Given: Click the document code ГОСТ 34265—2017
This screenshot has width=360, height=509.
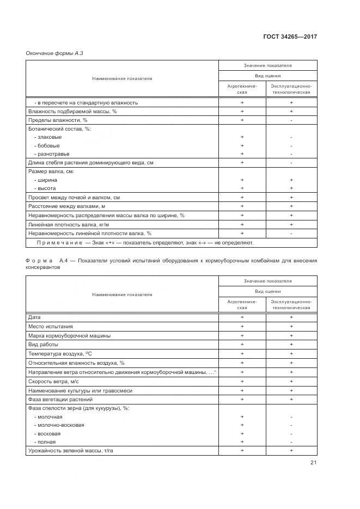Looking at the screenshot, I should click(x=290, y=37).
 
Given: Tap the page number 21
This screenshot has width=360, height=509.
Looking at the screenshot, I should click(x=313, y=463).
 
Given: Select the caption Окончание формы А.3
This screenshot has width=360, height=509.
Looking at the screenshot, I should click(x=54, y=53).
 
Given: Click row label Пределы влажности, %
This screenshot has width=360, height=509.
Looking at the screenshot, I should click(x=58, y=120).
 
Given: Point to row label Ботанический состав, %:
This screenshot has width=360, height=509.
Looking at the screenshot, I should click(x=59, y=129).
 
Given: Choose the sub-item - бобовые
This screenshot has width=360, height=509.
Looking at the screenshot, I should click(x=47, y=145).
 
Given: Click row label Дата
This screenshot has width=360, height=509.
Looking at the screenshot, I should click(x=34, y=317).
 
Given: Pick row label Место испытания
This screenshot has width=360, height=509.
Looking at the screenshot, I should click(x=50, y=327).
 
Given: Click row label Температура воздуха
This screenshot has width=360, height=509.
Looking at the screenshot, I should click(x=62, y=353).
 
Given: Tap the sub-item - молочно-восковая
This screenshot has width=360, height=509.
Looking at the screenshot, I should click(x=59, y=425).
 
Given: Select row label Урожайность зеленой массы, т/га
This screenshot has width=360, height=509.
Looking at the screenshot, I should click(x=74, y=451).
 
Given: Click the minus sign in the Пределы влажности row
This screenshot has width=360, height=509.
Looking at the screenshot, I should click(x=291, y=120).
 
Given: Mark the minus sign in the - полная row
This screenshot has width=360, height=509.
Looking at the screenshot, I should click(x=291, y=442).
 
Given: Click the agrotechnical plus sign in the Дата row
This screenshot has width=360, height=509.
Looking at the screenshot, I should click(x=242, y=317).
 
